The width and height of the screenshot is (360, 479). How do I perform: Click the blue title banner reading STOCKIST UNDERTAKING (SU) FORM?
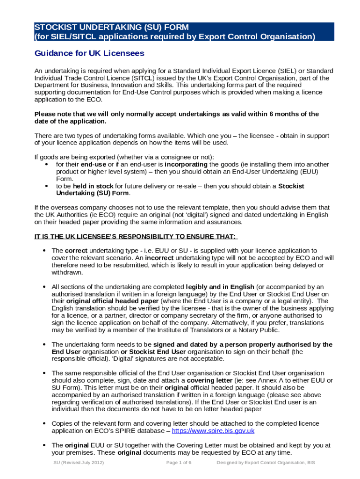[x=180, y=31]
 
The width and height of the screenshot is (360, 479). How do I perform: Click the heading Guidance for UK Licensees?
[x=89, y=53]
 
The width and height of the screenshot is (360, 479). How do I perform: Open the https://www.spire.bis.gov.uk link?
[x=213, y=431]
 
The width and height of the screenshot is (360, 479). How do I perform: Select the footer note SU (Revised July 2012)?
[x=78, y=463]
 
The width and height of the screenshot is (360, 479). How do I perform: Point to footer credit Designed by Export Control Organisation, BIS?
[x=266, y=463]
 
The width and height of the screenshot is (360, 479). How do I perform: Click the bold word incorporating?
[x=186, y=165]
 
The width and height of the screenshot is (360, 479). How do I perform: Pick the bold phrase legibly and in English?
[x=220, y=287]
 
